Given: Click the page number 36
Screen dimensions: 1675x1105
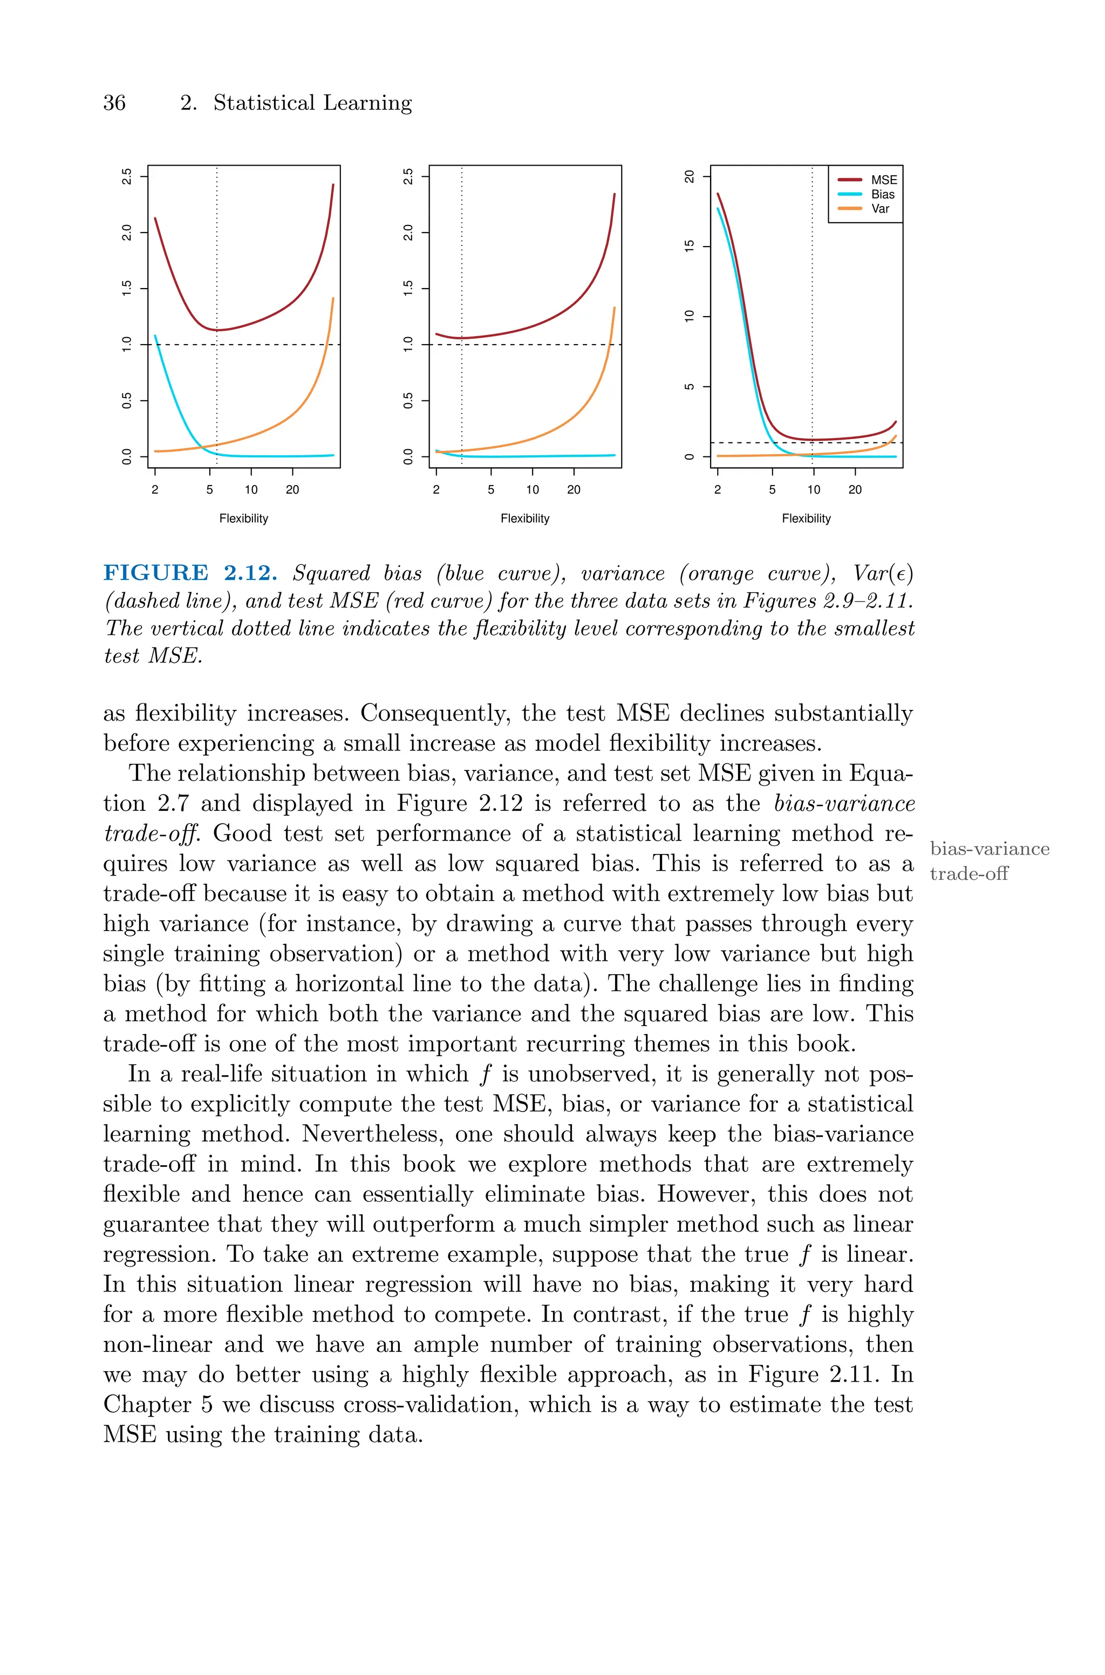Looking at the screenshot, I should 114,103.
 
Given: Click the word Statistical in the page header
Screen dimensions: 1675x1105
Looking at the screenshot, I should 264,103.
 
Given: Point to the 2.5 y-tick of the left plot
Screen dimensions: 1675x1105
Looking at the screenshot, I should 127,176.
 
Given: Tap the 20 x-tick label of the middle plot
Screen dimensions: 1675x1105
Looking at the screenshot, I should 574,489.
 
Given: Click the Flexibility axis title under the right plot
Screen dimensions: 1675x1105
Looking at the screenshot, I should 806,518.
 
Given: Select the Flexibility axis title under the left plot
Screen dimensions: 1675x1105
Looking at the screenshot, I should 244,518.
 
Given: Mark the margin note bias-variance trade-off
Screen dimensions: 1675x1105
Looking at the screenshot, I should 988,861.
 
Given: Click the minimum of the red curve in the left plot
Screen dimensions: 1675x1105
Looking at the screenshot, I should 217,330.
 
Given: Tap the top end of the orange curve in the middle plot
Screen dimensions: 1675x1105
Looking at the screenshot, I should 615,308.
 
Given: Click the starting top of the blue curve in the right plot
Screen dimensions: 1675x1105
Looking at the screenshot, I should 718,208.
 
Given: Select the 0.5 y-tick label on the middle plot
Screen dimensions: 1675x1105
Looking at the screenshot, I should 408,401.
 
